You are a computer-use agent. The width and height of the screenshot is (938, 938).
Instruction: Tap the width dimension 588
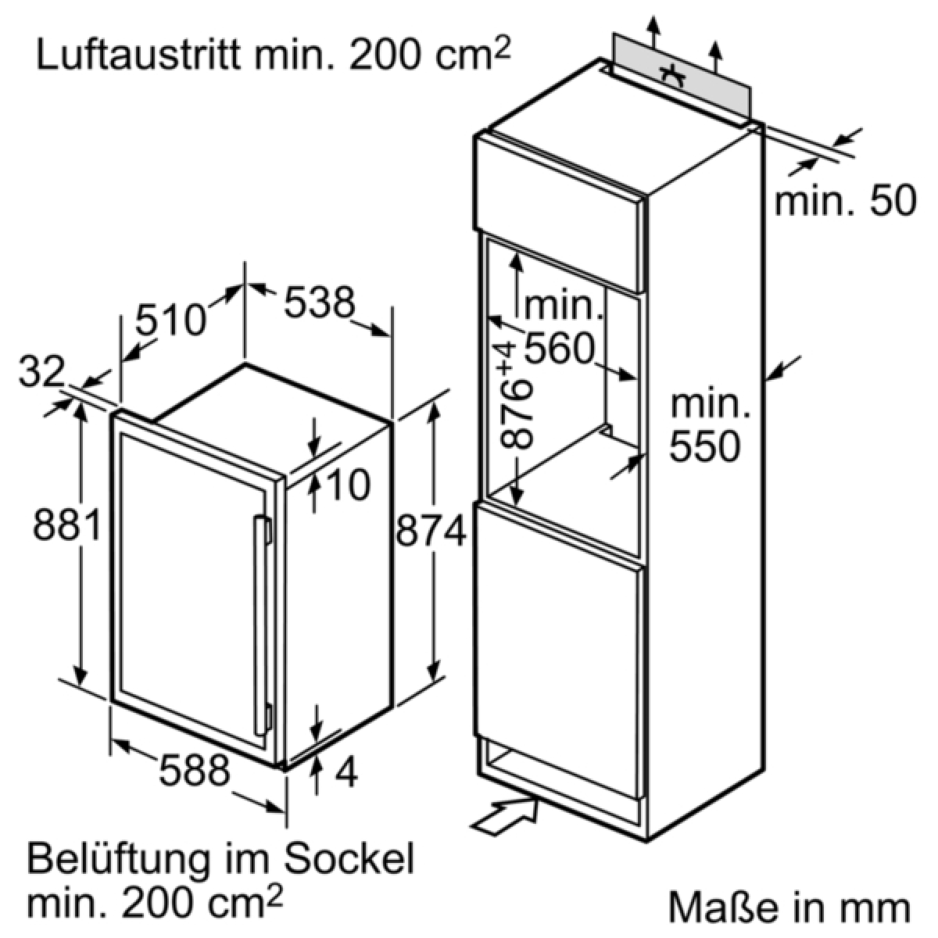point(195,770)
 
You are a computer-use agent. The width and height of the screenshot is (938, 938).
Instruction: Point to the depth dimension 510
point(171,320)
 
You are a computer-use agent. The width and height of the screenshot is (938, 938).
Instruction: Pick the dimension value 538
point(320,302)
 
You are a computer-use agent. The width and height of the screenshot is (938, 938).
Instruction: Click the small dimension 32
point(41,371)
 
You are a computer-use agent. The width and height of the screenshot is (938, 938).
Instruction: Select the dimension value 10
point(348,485)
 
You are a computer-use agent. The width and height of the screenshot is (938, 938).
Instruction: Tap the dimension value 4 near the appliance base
point(346,772)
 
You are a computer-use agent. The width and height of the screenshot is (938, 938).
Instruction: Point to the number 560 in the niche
point(560,348)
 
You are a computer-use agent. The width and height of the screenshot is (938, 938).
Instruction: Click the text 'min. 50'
point(845,200)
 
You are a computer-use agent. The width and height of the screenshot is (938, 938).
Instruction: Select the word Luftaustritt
point(138,55)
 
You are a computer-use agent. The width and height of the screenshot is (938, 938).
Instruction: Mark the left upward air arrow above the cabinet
point(653,32)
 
